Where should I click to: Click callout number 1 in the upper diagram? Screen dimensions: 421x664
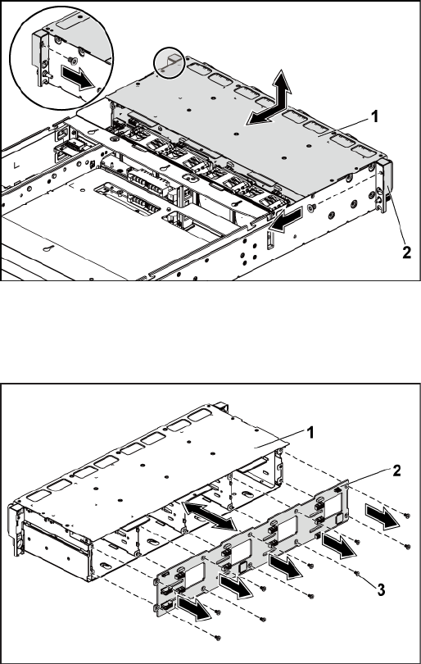tap(373, 116)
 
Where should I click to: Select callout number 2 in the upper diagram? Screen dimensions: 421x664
tap(406, 252)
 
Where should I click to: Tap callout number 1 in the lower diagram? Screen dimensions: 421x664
tap(310, 433)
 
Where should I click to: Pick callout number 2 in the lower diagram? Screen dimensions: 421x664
tap(396, 471)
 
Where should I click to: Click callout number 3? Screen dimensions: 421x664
tap(381, 590)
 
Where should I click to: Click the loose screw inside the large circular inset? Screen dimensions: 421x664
tap(74, 61)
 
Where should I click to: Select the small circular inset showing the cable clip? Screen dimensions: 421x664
tap(170, 62)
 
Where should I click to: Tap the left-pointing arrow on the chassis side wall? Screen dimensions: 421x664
tap(286, 220)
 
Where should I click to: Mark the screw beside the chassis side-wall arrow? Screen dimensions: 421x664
tap(312, 207)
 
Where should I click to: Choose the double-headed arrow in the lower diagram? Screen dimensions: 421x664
tap(209, 516)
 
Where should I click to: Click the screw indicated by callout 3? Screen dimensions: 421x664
tap(356, 573)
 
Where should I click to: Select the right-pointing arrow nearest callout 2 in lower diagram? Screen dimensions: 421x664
tap(381, 518)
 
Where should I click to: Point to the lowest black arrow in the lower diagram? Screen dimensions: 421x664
tap(195, 608)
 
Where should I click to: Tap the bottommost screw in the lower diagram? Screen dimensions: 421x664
tap(218, 637)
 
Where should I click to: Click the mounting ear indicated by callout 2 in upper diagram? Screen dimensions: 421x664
tap(384, 186)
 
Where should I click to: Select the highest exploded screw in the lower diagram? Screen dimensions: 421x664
tap(406, 516)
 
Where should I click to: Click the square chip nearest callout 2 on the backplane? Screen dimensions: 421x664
tap(338, 519)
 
